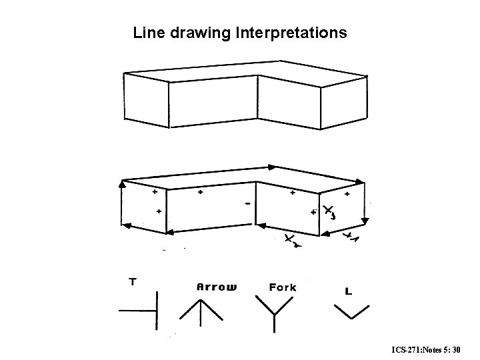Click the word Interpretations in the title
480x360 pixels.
(x=291, y=32)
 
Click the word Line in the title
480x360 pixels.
(x=147, y=32)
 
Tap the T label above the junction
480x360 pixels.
(x=133, y=282)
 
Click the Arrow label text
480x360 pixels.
(x=217, y=287)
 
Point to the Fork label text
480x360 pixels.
(x=283, y=287)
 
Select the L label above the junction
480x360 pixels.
(x=348, y=291)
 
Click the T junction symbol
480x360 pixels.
(x=143, y=311)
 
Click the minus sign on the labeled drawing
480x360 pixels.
(x=248, y=203)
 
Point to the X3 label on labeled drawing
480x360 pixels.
(x=329, y=213)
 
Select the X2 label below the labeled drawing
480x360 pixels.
(x=291, y=240)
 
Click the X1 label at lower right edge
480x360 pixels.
(x=350, y=237)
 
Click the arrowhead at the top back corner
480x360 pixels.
(x=272, y=167)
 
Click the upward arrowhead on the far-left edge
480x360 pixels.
(x=121, y=183)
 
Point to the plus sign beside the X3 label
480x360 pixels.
(x=313, y=213)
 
